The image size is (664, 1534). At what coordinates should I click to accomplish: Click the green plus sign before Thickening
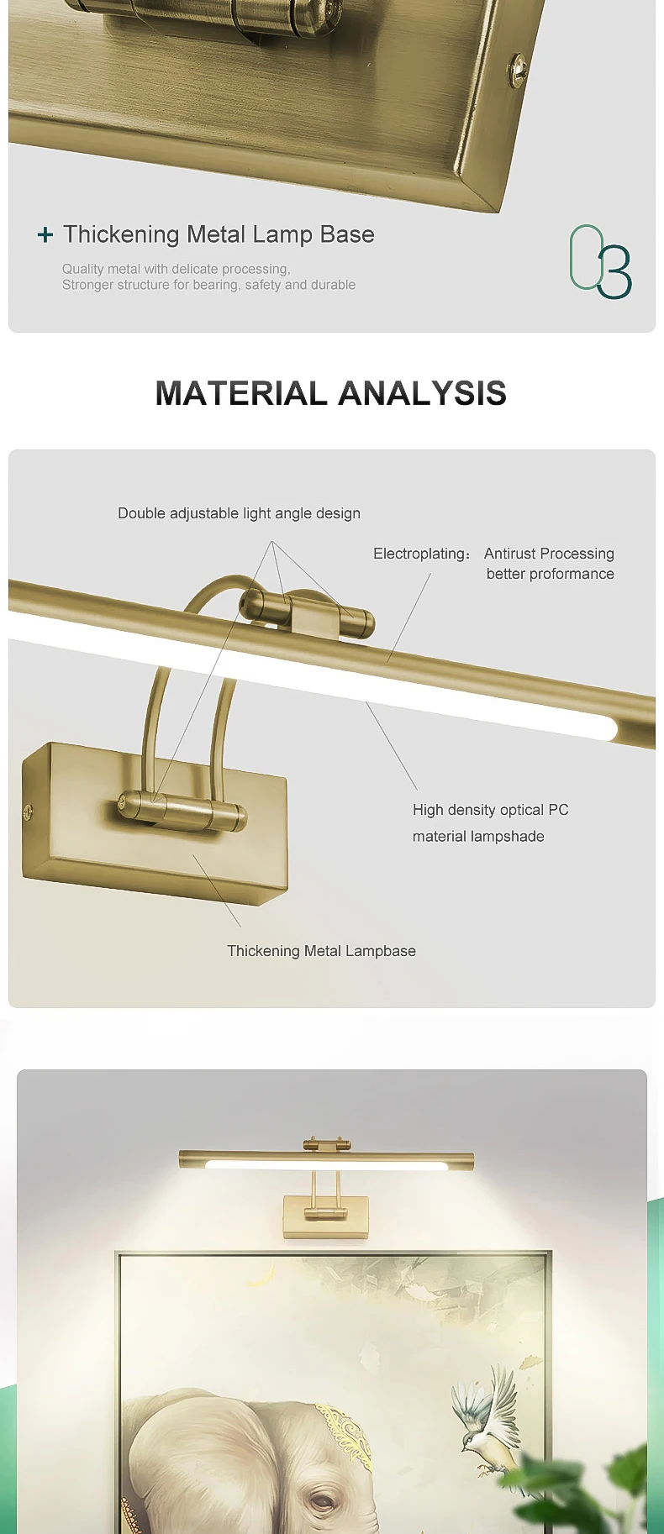click(x=45, y=235)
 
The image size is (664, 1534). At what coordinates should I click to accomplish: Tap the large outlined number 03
click(x=600, y=261)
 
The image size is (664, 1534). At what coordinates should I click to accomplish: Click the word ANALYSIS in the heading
click(x=423, y=393)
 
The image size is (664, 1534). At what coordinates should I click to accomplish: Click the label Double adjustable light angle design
click(x=239, y=513)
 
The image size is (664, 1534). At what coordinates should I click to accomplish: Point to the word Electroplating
click(x=419, y=554)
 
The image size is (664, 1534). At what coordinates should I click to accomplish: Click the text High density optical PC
click(x=491, y=810)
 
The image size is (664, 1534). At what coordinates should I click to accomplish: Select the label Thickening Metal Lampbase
click(x=321, y=951)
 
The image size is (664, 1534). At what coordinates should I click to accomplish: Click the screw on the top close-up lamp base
click(x=517, y=69)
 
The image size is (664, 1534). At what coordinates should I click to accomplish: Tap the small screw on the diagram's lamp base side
click(x=29, y=812)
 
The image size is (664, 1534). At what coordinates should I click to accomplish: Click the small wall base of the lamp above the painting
click(x=314, y=1216)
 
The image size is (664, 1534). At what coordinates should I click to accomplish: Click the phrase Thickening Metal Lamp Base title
click(x=219, y=234)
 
